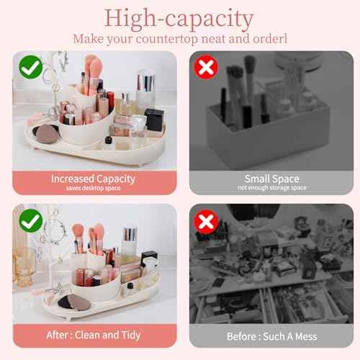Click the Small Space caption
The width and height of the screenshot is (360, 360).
pos(271,178)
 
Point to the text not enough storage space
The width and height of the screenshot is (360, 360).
pos(271,188)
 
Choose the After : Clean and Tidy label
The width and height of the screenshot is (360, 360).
pos(94,336)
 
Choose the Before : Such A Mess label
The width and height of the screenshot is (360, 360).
pos(271,336)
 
